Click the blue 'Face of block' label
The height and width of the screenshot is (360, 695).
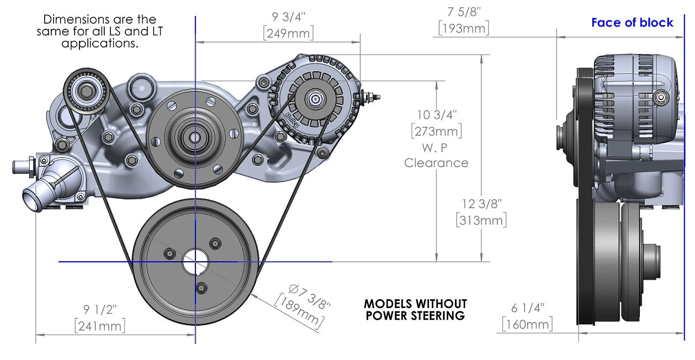point(632,23)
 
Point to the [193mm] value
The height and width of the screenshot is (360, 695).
point(463,28)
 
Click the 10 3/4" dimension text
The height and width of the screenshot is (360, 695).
point(437,115)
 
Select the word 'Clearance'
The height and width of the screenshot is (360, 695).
point(436,163)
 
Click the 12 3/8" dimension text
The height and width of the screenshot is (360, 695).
point(482,204)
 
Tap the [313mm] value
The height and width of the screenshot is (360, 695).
point(481,220)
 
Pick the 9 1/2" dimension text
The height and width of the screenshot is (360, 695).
point(100,310)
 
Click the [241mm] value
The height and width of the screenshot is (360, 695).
point(100,325)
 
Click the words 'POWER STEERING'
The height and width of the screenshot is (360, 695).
point(415,316)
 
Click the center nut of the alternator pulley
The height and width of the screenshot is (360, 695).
point(315,99)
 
